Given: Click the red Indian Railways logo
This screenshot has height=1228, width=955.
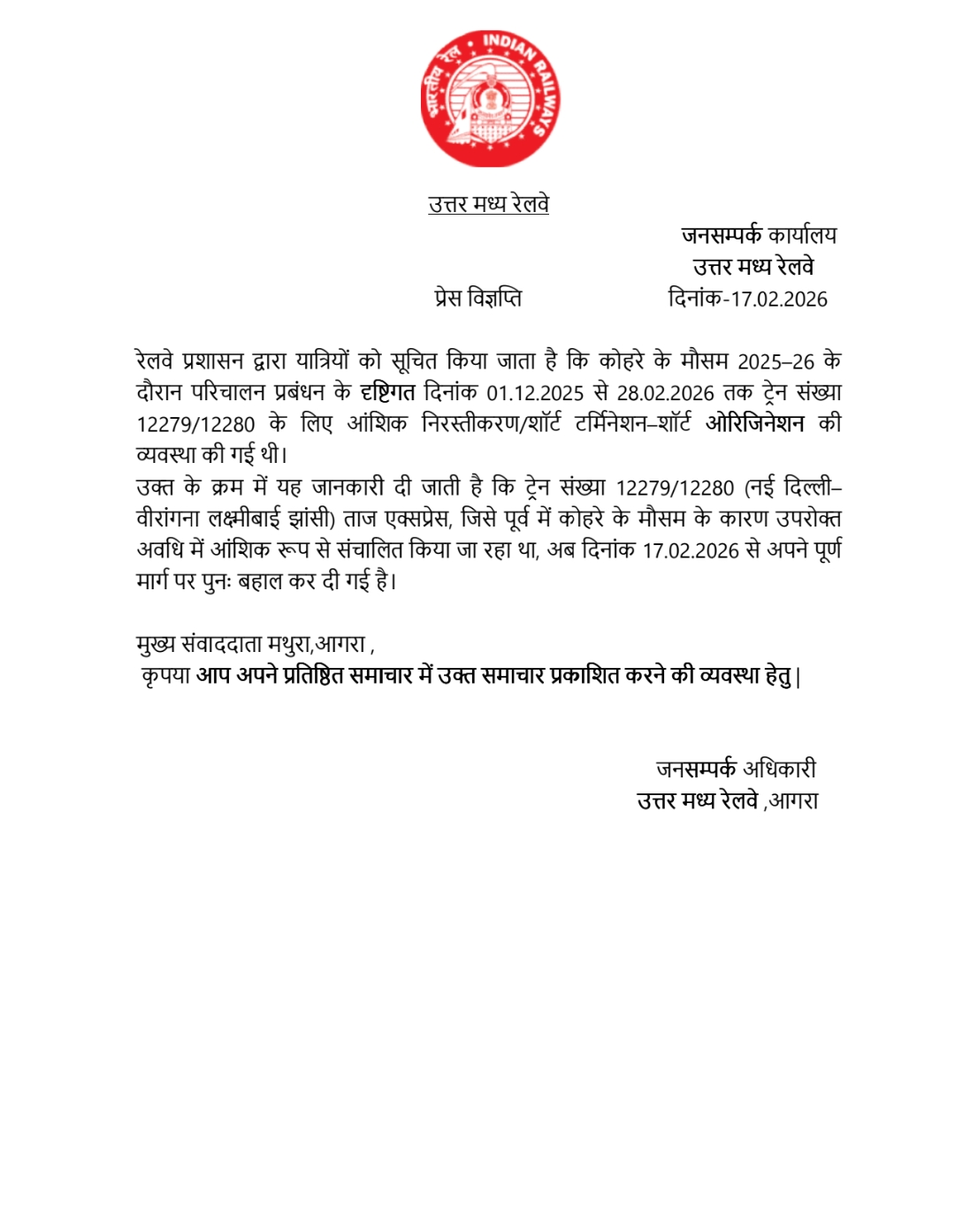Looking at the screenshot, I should pos(490,99).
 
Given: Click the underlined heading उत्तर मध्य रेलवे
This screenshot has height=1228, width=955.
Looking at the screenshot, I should pos(488,204).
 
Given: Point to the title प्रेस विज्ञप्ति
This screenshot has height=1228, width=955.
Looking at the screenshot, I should pos(477,298).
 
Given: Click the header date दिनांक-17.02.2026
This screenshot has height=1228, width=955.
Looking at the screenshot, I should pos(747,299).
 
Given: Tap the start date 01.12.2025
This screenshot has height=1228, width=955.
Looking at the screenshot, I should pos(535,393).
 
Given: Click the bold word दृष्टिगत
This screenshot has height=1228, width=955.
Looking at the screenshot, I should pos(387,392).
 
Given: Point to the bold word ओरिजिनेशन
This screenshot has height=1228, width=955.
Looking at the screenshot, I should pos(754,424).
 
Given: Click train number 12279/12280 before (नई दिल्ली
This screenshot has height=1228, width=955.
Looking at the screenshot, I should pos(675,488).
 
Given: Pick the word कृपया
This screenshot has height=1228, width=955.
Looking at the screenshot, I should pos(166,676).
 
